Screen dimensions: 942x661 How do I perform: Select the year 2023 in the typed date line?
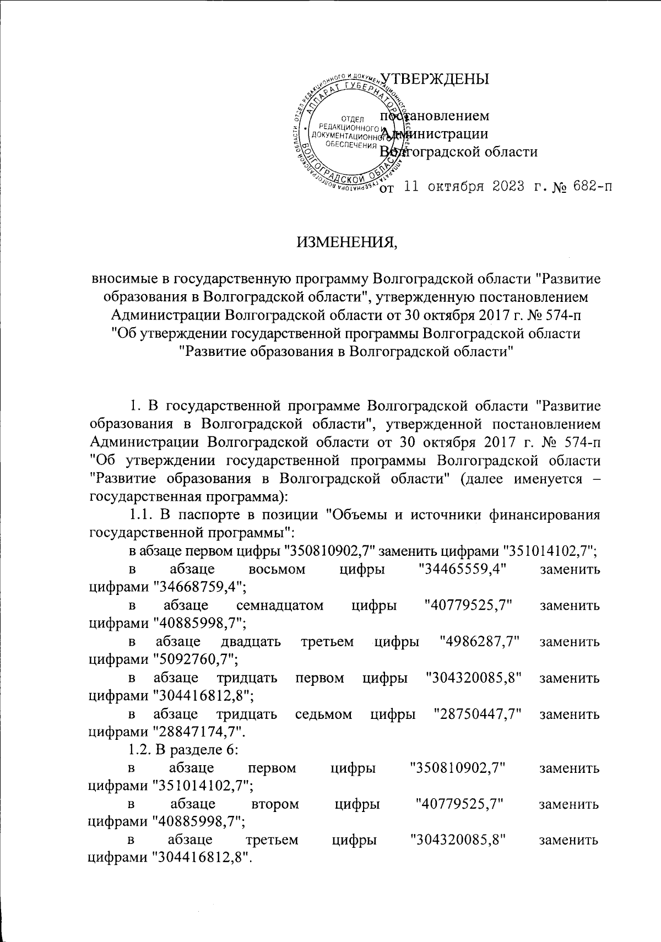coord(503,186)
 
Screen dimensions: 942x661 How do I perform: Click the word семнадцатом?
coord(279,606)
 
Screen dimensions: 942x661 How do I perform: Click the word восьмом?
coord(277,570)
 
